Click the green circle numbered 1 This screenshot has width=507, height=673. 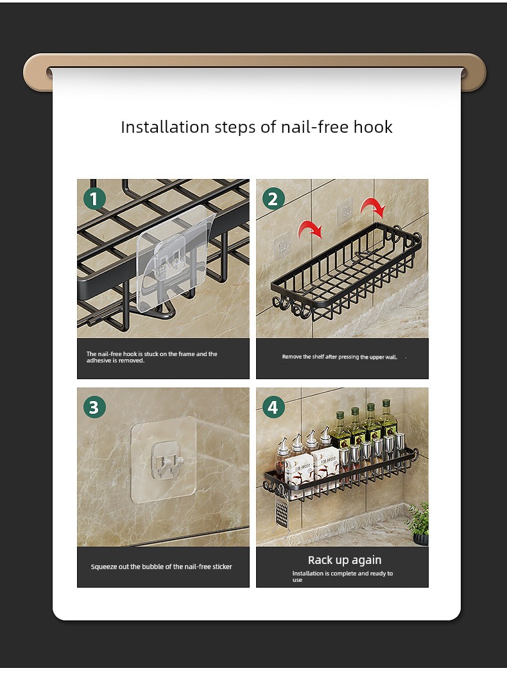(x=94, y=199)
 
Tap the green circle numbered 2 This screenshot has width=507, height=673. (x=273, y=199)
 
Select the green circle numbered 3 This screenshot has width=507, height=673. (x=94, y=407)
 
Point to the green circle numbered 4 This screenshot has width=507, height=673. (x=273, y=407)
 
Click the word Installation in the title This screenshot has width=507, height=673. (x=165, y=127)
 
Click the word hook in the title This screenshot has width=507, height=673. (x=373, y=127)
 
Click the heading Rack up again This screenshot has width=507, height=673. (x=344, y=560)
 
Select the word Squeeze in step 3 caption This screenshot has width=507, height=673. (x=103, y=567)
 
